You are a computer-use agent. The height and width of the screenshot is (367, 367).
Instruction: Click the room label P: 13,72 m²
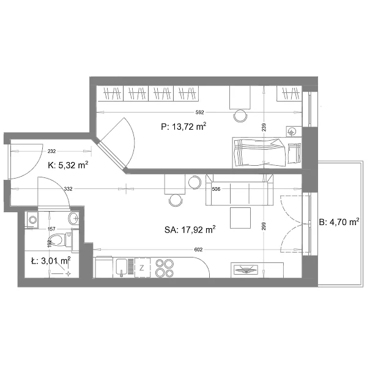(183, 127)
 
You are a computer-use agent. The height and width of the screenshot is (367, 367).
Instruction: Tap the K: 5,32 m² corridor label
(68, 165)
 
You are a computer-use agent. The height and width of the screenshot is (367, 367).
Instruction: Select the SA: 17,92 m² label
(190, 229)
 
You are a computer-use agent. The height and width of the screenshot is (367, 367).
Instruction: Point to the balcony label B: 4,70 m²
(339, 222)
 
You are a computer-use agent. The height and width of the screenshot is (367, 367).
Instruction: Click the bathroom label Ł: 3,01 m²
(51, 261)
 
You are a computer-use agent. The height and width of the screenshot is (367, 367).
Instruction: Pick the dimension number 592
(199, 113)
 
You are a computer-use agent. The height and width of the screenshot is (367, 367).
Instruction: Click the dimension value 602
(198, 250)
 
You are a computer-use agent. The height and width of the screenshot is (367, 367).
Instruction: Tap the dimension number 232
(51, 151)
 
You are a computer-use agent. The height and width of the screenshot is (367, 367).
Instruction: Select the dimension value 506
(216, 189)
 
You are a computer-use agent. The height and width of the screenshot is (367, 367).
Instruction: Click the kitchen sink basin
(122, 267)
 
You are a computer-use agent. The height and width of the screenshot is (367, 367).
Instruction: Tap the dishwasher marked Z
(142, 267)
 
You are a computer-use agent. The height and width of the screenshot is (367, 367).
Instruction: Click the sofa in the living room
(239, 190)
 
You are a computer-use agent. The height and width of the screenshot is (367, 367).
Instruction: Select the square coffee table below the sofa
(240, 218)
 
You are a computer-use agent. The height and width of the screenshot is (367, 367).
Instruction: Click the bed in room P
(267, 152)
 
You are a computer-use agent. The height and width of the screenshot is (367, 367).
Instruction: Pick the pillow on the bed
(294, 154)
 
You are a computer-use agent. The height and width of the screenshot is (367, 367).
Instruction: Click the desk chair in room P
(240, 116)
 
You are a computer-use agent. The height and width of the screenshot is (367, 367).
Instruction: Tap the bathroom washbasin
(73, 218)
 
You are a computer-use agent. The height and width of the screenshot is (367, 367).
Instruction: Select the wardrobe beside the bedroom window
(289, 94)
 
